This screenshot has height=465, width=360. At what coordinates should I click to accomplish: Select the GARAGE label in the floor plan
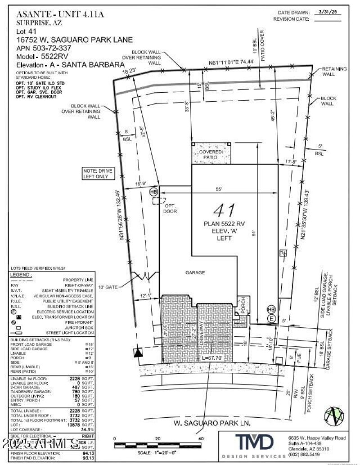click(195, 273)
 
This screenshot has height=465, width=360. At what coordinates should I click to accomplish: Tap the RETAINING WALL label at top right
click(334, 72)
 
